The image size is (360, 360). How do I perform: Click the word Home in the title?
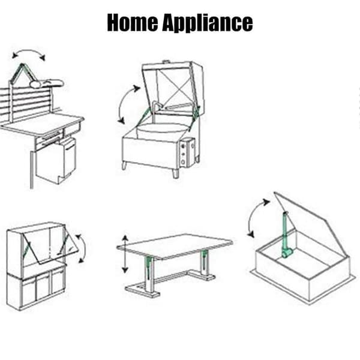pyautogui.click(x=133, y=22)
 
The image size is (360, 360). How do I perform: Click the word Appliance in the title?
pyautogui.click(x=208, y=23)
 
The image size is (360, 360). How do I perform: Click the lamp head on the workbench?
pyautogui.click(x=47, y=84)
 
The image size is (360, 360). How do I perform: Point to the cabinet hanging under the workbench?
pyautogui.click(x=56, y=160)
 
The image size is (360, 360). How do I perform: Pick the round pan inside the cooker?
pyautogui.click(x=161, y=132)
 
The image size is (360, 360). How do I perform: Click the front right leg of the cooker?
pyautogui.click(x=175, y=173)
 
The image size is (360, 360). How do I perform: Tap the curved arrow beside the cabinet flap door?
pyautogui.click(x=82, y=248)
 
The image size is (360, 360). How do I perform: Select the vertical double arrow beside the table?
pyautogui.click(x=125, y=254)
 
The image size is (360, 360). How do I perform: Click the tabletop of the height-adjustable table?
pyautogui.click(x=175, y=247)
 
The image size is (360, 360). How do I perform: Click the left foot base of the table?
pyautogui.click(x=142, y=290)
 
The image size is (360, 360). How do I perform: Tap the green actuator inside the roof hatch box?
pyautogui.click(x=286, y=236)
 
